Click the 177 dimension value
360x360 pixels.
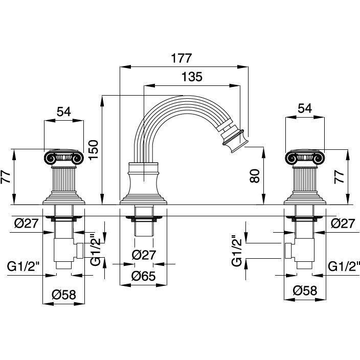[x=181, y=58]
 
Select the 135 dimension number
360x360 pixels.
[x=192, y=77]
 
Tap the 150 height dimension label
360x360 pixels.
[x=94, y=149]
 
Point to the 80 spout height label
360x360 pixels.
[x=255, y=176]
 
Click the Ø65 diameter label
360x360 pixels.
[x=144, y=276]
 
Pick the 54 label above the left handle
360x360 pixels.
[x=64, y=112]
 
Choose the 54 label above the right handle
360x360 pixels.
[x=305, y=108]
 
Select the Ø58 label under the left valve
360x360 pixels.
[x=63, y=295]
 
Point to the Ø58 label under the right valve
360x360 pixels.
[x=305, y=290]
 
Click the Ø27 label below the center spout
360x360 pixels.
[x=144, y=255]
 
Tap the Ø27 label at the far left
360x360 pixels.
[x=27, y=223]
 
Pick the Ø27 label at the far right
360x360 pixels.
[x=343, y=223]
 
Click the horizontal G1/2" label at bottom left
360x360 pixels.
[x=24, y=266]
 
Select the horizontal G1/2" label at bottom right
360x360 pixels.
[x=344, y=266]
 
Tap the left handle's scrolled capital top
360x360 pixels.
[x=64, y=157]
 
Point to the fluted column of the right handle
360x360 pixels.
[x=305, y=179]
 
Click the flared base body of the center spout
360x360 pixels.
[x=144, y=184]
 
